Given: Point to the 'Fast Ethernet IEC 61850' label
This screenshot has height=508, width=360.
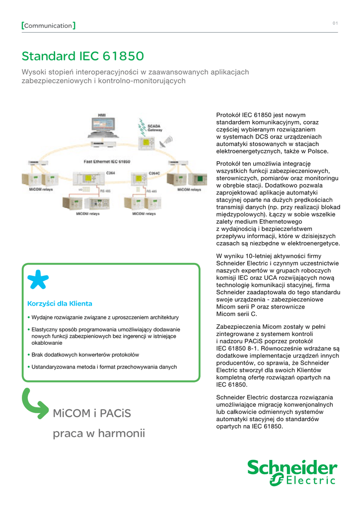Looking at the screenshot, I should point(106,162).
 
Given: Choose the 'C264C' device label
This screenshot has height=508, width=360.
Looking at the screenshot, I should point(154,173).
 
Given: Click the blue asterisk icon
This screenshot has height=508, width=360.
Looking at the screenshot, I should point(38,280).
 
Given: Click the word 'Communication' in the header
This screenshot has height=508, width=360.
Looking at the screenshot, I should point(48,25).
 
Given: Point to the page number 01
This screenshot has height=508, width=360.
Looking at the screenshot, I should point(335,24).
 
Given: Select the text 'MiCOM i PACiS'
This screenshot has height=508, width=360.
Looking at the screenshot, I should point(92,413).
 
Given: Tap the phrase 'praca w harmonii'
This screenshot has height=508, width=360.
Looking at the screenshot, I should point(99,434).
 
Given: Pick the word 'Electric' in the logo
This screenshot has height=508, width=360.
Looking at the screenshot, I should point(311,480).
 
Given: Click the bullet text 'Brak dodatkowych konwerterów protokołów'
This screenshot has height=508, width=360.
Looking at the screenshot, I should point(85,355).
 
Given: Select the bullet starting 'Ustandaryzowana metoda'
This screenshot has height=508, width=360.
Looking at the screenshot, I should point(104,367).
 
